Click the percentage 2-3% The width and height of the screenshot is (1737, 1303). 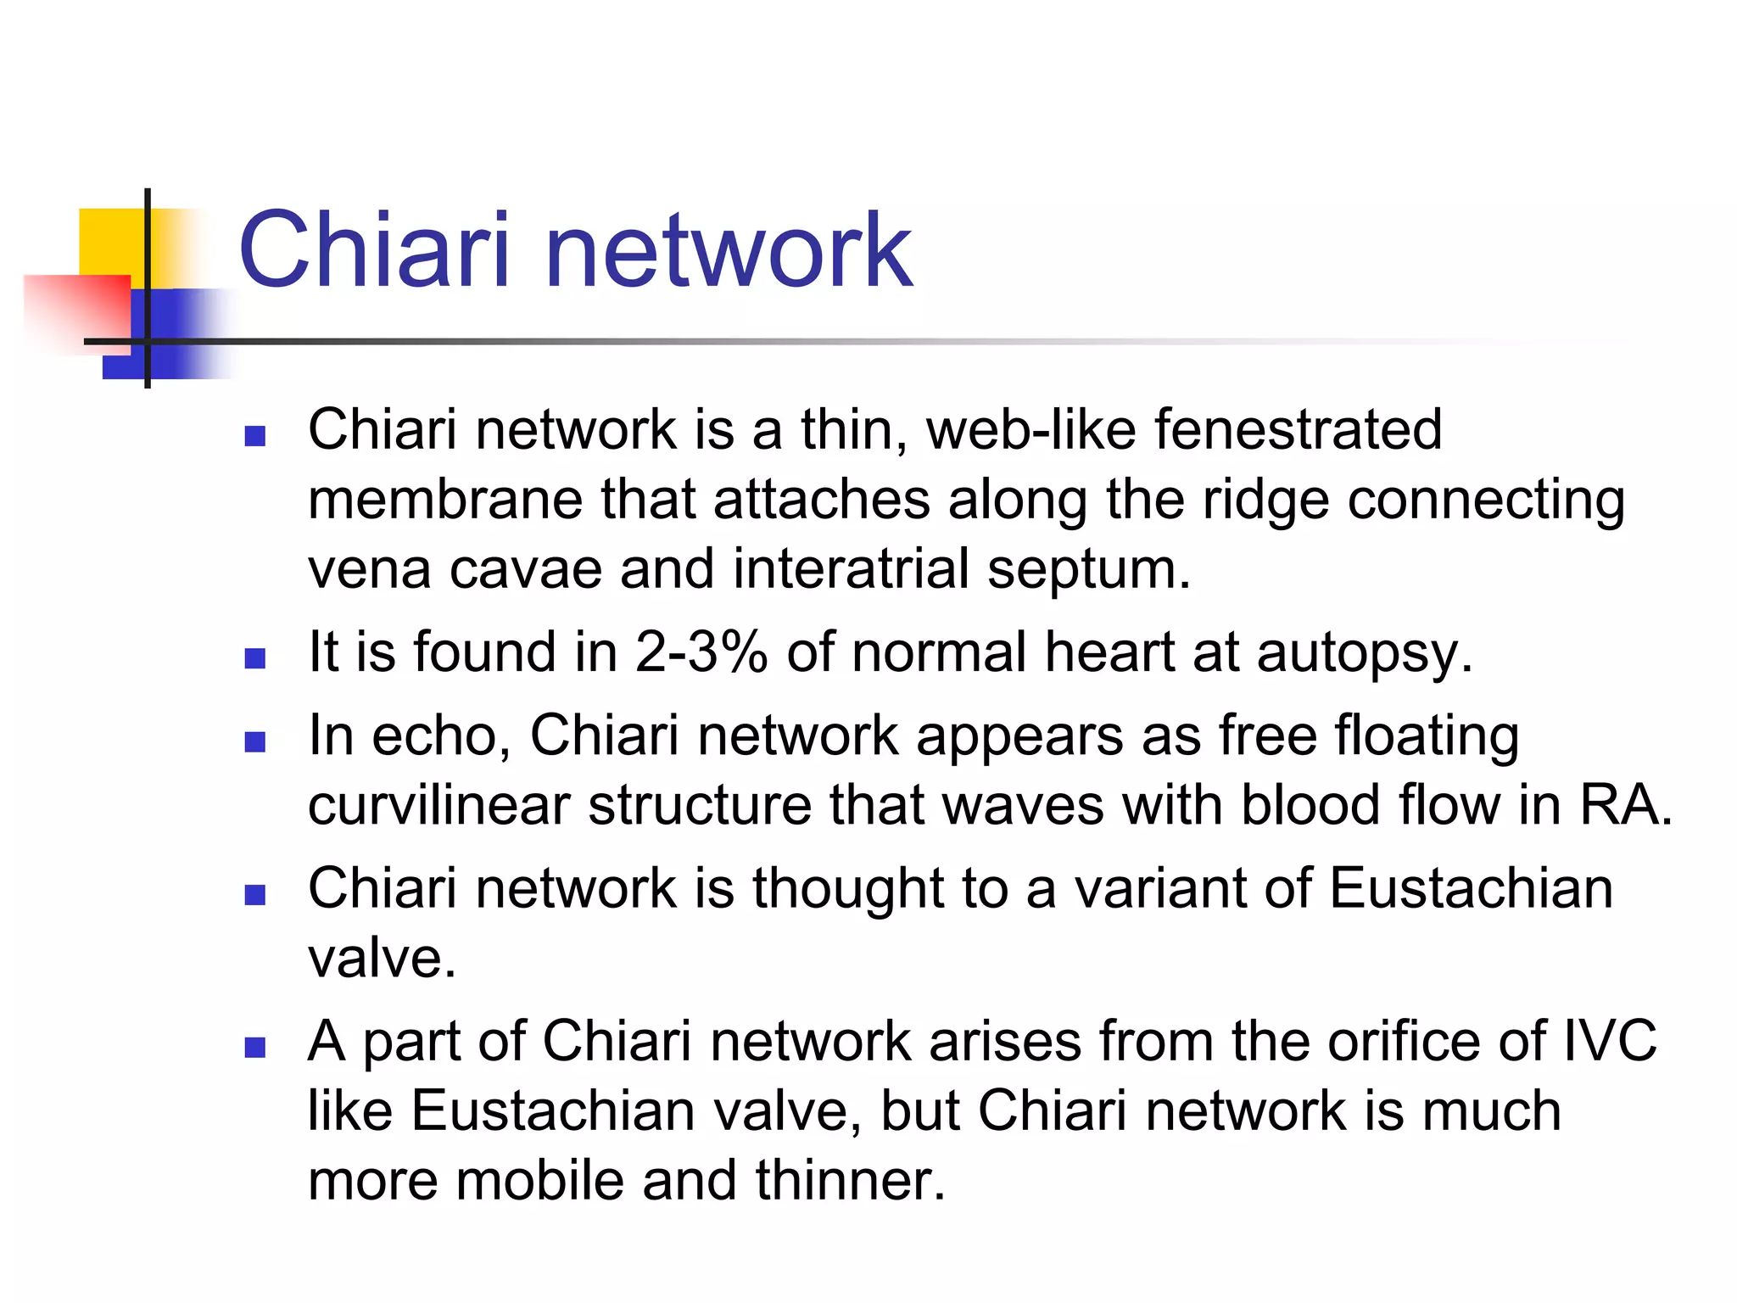(701, 652)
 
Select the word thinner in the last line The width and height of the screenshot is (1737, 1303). (850, 1180)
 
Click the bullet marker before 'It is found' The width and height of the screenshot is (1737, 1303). (254, 658)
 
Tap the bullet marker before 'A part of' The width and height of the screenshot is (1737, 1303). (254, 1048)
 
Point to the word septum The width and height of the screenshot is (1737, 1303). (1088, 570)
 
